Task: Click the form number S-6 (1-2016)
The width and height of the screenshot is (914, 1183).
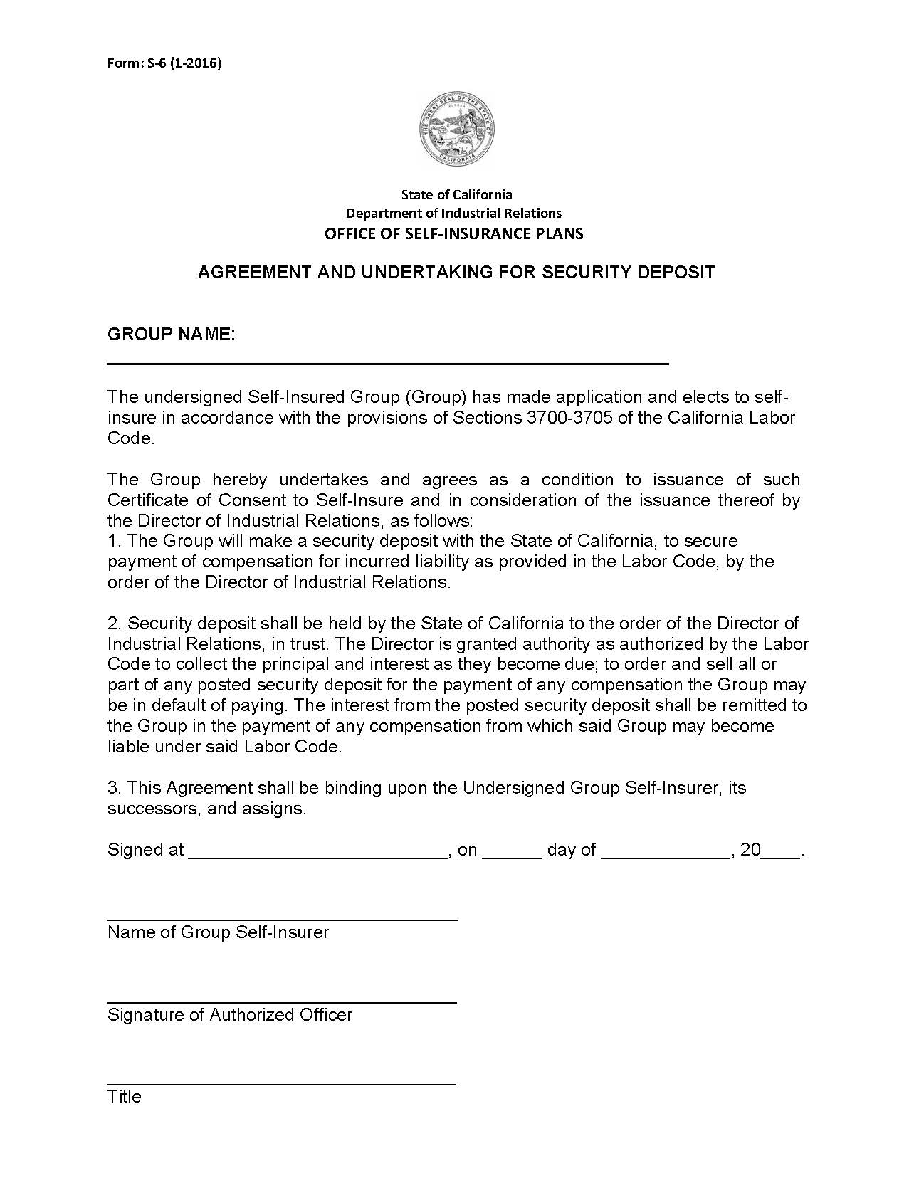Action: [x=164, y=63]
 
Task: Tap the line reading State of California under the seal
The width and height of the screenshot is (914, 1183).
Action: [x=456, y=194]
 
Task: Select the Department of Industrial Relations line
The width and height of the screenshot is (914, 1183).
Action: [x=453, y=213]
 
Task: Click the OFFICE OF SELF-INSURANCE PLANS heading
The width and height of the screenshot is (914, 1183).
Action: [x=453, y=233]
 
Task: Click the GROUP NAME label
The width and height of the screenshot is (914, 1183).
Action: [x=171, y=335]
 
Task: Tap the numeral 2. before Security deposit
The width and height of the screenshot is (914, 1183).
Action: [x=115, y=624]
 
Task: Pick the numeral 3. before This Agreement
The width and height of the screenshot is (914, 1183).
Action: [x=115, y=788]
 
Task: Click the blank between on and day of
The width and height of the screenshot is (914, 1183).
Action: [x=512, y=854]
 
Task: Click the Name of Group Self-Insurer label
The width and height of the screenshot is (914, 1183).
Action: [x=218, y=932]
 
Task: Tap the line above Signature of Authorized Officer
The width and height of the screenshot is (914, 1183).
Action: [x=282, y=1001]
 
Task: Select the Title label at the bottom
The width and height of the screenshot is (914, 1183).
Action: [x=125, y=1097]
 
